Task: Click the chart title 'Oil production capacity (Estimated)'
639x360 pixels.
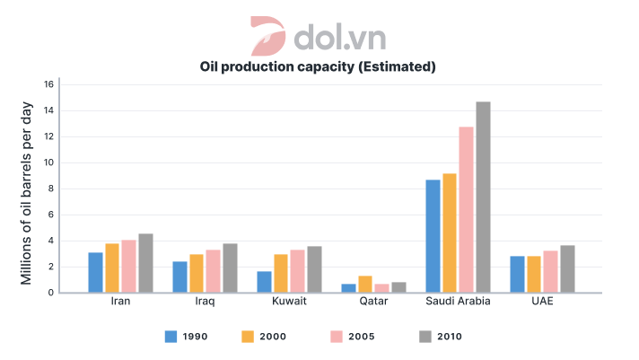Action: (x=318, y=66)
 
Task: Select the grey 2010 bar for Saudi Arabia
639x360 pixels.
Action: (x=483, y=198)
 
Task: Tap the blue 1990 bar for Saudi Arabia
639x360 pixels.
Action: (x=433, y=236)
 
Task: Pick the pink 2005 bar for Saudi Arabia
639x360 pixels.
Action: (x=466, y=210)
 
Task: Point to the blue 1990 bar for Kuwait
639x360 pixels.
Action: (x=264, y=282)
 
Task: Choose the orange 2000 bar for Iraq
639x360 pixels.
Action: (x=196, y=273)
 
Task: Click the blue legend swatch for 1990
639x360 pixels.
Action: (x=171, y=337)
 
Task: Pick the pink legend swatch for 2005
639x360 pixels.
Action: (x=337, y=337)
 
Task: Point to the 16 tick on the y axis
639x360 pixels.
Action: (x=50, y=85)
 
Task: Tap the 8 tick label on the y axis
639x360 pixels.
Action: (x=51, y=189)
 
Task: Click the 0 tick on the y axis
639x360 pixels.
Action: (x=51, y=293)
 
